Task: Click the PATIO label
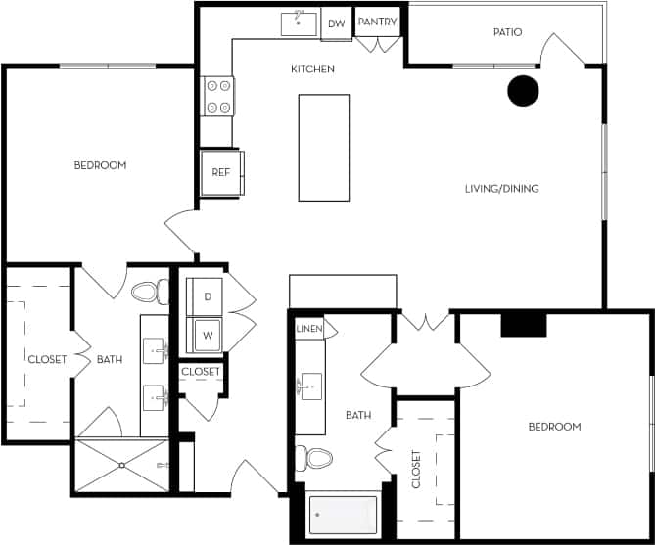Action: tap(506, 32)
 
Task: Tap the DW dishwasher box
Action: tap(336, 23)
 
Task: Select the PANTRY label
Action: tap(377, 22)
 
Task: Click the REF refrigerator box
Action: tap(220, 172)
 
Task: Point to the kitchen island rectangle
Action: tap(323, 148)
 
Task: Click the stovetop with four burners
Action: tap(218, 96)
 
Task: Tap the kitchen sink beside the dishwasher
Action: tap(299, 23)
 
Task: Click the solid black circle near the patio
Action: tap(523, 90)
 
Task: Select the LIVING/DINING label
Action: tap(501, 189)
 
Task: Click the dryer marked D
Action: tap(208, 295)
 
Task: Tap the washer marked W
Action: tap(208, 334)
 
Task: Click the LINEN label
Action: tap(308, 329)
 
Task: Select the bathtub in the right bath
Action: tap(343, 515)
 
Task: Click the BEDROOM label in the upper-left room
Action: tap(100, 165)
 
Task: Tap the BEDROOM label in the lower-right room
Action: tap(554, 427)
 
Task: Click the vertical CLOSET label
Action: tap(416, 470)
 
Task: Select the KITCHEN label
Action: tap(313, 69)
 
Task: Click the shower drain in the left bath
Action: tap(122, 466)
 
